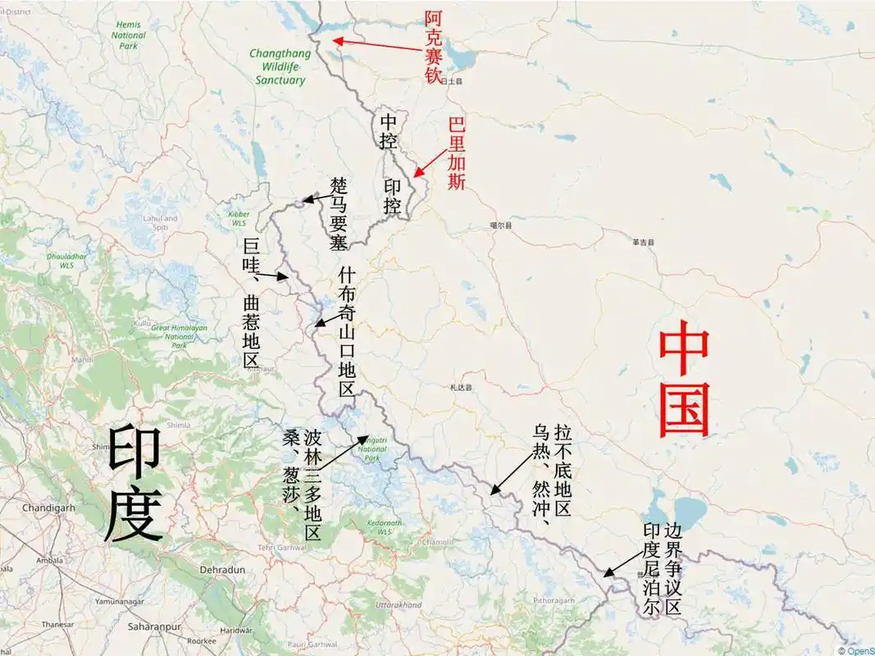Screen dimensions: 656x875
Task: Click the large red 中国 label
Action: coord(684,379)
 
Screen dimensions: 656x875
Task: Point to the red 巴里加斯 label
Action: coord(457,154)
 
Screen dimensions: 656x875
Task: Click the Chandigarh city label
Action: coord(48,508)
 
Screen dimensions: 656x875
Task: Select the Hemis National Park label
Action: coord(129,35)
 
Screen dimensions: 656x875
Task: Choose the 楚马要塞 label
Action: coord(340,214)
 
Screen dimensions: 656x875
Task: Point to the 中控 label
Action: coord(388,131)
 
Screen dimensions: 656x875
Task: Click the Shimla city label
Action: coord(179,425)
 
